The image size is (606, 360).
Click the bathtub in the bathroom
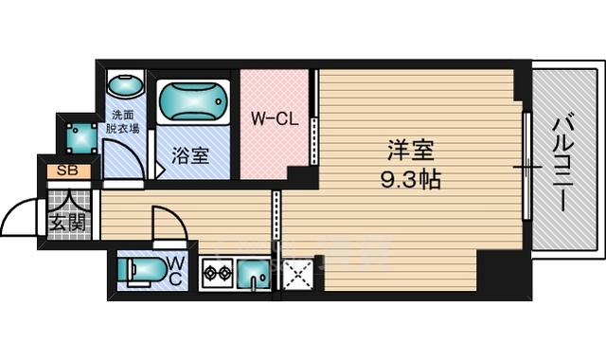point(193,102)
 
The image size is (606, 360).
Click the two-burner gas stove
point(217,273)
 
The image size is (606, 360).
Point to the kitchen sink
point(254,274)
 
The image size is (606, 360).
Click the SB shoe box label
point(67,171)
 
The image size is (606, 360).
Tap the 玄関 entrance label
point(67,222)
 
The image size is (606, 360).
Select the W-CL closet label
point(275,119)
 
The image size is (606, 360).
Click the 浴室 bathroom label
point(190,155)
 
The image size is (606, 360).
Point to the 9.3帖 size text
point(410,179)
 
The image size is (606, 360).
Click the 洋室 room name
point(410,150)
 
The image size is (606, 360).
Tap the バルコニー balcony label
point(562,165)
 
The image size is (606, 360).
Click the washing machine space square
point(81,138)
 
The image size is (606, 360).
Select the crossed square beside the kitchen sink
point(298,275)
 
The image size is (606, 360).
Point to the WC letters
point(175,272)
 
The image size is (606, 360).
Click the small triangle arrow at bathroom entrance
point(161,170)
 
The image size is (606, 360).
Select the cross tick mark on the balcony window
point(527,167)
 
